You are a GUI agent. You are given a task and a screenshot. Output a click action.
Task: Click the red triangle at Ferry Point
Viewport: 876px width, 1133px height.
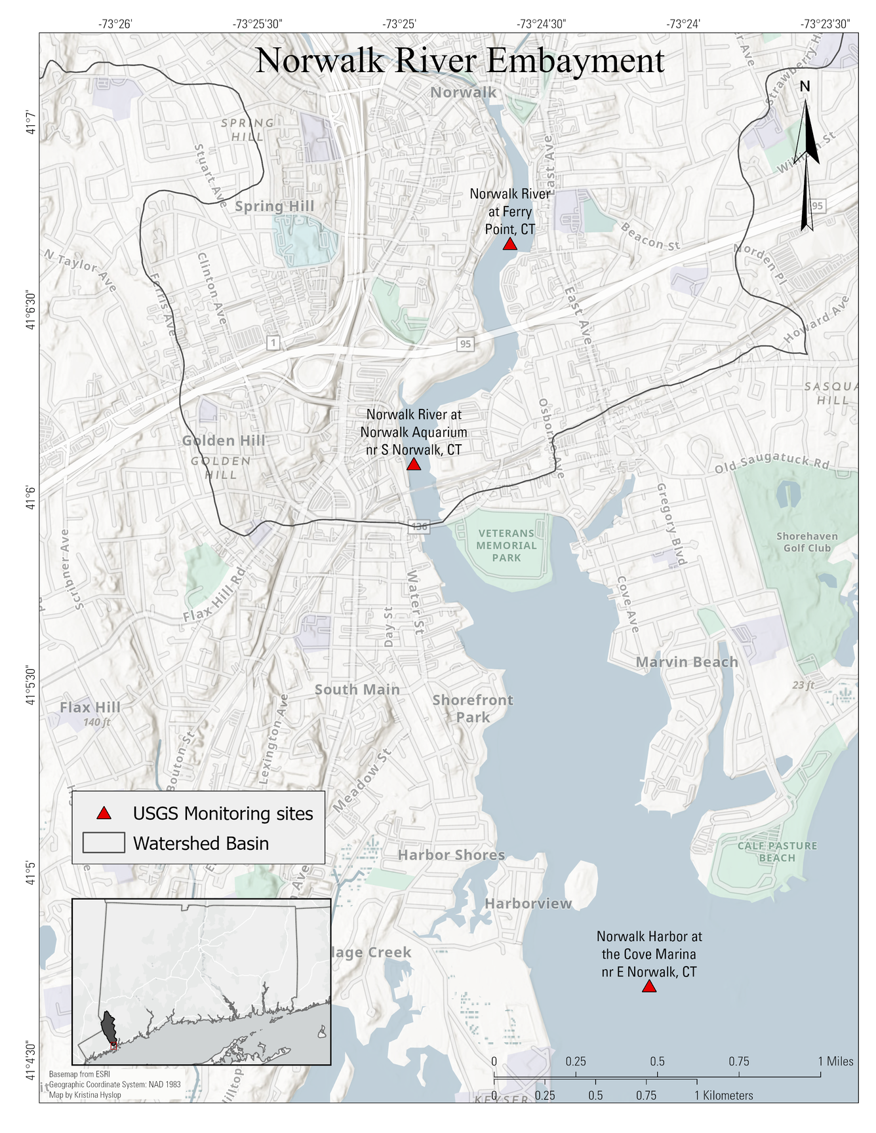[509, 244]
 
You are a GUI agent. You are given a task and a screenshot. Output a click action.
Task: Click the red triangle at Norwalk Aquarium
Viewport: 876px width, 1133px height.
[413, 465]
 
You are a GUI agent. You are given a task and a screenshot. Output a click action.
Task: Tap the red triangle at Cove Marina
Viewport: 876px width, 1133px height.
[648, 987]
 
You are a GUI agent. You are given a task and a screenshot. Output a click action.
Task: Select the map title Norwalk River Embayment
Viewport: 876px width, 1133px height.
[460, 60]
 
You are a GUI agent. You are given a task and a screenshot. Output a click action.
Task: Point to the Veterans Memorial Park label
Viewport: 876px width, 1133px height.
[506, 546]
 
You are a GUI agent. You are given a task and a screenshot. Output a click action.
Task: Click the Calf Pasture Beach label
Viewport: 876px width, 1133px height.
[777, 852]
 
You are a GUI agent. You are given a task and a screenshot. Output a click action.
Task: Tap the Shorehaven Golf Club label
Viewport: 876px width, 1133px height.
[806, 542]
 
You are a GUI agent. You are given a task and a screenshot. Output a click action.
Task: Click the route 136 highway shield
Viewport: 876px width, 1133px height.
[419, 526]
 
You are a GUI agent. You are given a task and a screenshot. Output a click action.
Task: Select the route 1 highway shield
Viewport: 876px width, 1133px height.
[273, 342]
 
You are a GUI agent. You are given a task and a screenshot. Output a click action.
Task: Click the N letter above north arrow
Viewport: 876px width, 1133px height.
[805, 86]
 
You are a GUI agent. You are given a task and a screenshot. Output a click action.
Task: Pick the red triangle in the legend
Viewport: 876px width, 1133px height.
[104, 814]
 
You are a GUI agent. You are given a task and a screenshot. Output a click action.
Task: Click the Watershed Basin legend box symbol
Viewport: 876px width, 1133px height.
[104, 843]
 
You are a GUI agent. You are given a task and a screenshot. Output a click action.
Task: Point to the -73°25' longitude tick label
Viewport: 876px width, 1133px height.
[399, 24]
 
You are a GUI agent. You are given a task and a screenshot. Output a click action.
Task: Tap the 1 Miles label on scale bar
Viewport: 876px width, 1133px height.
[835, 1062]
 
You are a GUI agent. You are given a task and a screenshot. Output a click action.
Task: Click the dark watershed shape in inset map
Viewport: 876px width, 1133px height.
[108, 1027]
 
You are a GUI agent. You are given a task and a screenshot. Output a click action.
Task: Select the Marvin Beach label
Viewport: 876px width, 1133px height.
[687, 662]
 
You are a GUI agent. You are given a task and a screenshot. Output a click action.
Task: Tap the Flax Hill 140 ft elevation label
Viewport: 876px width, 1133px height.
[97, 722]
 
